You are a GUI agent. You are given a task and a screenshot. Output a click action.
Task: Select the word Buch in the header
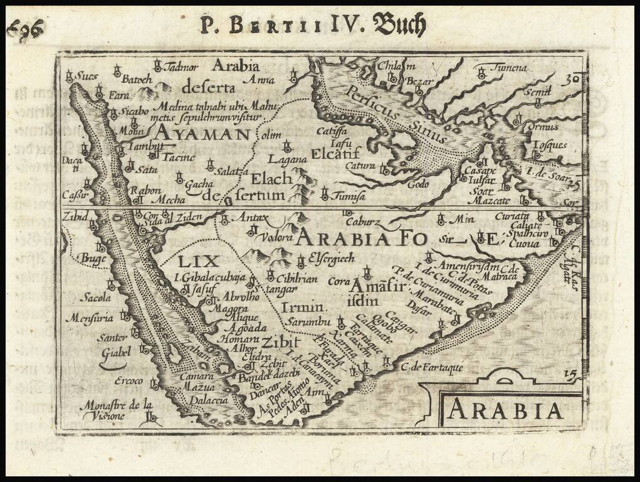click(x=399, y=26)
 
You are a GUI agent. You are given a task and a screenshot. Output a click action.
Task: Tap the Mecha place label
click(x=170, y=200)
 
